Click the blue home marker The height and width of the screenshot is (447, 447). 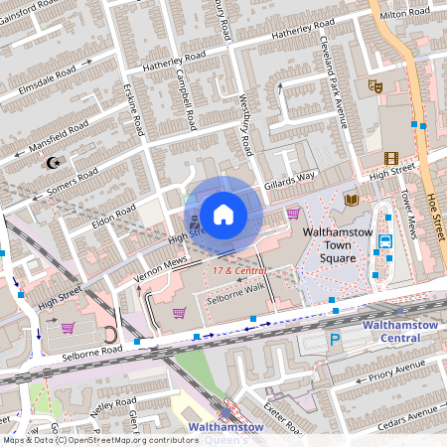coord(223,214)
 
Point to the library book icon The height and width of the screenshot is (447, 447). coord(351,200)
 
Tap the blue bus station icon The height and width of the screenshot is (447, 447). coord(383,238)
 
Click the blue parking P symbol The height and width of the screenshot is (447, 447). coord(334,339)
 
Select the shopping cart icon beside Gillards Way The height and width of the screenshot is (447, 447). coord(293,213)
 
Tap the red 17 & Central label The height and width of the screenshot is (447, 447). coord(237,269)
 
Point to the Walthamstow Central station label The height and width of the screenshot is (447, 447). coord(400,331)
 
